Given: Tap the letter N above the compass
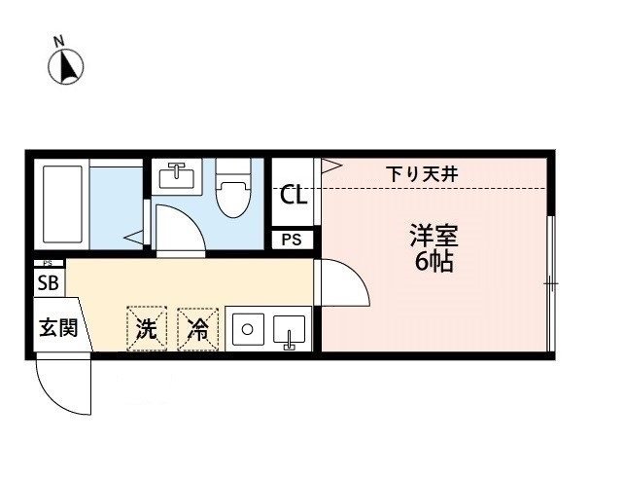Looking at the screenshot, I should [59, 41].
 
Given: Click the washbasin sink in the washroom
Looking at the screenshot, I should [177, 174].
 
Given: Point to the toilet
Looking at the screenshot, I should [233, 190].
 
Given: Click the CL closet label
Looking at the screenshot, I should [293, 195].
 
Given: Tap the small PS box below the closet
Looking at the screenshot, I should [293, 240].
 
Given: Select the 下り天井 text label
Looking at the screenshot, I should [422, 173].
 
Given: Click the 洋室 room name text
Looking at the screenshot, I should [433, 235].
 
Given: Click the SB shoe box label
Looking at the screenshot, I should [47, 283].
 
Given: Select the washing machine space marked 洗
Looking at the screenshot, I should [146, 329].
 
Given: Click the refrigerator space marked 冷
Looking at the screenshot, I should [198, 329].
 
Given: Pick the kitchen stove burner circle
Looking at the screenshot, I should [246, 328].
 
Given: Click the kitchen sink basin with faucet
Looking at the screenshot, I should [289, 330].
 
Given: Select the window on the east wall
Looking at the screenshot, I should [549, 282].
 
